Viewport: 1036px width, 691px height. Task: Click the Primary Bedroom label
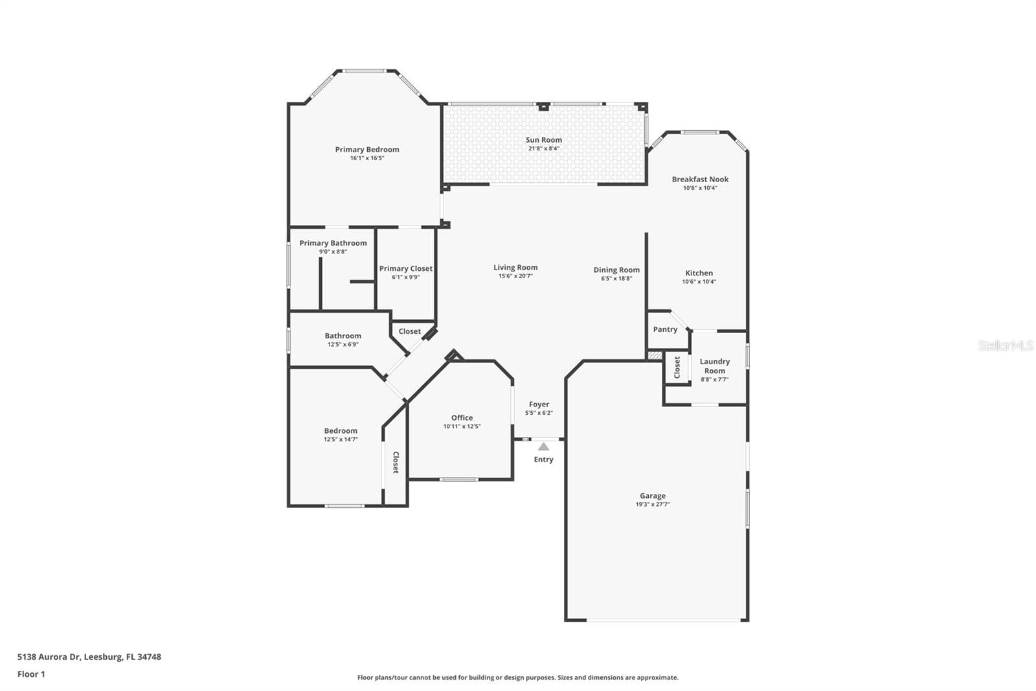pyautogui.click(x=366, y=150)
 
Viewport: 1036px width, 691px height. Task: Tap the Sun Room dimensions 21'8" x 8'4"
pyautogui.click(x=543, y=148)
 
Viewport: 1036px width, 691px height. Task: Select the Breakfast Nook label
pyautogui.click(x=700, y=180)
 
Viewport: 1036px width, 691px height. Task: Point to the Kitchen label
pyautogui.click(x=699, y=274)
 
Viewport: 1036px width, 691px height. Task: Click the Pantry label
pyautogui.click(x=665, y=329)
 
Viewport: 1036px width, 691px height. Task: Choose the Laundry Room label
pyautogui.click(x=715, y=366)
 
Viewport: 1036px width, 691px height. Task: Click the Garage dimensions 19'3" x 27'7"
pyautogui.click(x=653, y=504)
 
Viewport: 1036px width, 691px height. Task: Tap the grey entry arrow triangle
pyautogui.click(x=543, y=447)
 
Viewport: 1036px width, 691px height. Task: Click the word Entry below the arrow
pyautogui.click(x=543, y=460)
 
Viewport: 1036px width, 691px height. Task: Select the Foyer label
pyautogui.click(x=539, y=404)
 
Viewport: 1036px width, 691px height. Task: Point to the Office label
pyautogui.click(x=462, y=417)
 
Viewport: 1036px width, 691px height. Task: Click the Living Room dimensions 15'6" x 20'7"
pyautogui.click(x=515, y=276)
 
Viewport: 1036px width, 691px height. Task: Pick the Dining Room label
pyautogui.click(x=616, y=270)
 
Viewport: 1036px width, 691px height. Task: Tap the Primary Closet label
pyautogui.click(x=405, y=268)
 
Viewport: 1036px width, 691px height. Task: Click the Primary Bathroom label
pyautogui.click(x=333, y=243)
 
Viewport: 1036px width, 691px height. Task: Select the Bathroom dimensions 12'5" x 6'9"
pyautogui.click(x=343, y=345)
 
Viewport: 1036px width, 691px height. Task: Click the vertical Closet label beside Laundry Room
pyautogui.click(x=677, y=367)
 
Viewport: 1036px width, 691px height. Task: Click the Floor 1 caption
pyautogui.click(x=31, y=674)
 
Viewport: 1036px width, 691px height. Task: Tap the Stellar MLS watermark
pyautogui.click(x=1006, y=345)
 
